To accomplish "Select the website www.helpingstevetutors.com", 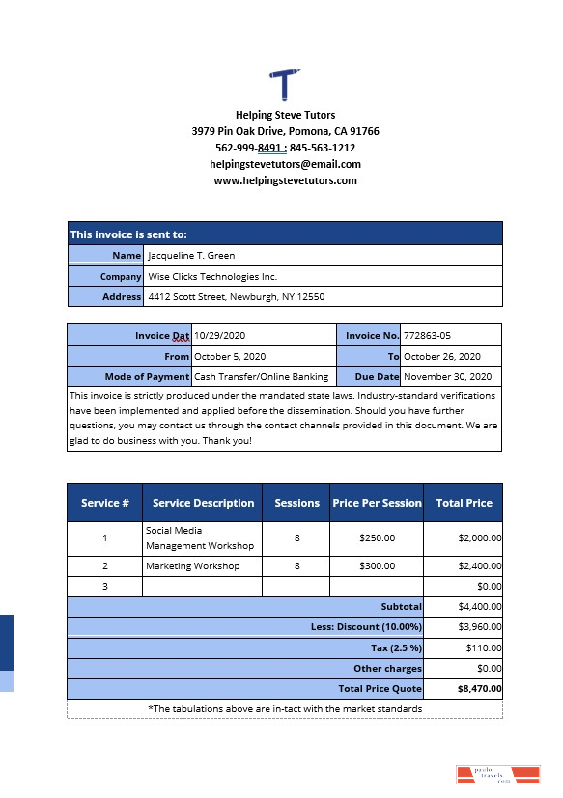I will click(x=285, y=180).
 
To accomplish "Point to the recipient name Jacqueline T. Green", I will click(x=191, y=256).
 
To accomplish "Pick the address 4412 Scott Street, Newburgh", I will click(x=236, y=297).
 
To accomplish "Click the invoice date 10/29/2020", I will click(x=222, y=335).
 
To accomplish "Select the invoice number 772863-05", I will click(x=427, y=335).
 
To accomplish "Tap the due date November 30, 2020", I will click(x=447, y=376).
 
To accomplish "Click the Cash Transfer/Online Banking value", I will click(x=262, y=376).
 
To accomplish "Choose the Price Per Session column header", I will click(x=377, y=503).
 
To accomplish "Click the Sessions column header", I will click(x=296, y=503).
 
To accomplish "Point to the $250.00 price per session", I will click(x=377, y=538).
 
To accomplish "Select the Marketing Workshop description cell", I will click(x=193, y=566).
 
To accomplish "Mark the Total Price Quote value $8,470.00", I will click(x=479, y=689).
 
